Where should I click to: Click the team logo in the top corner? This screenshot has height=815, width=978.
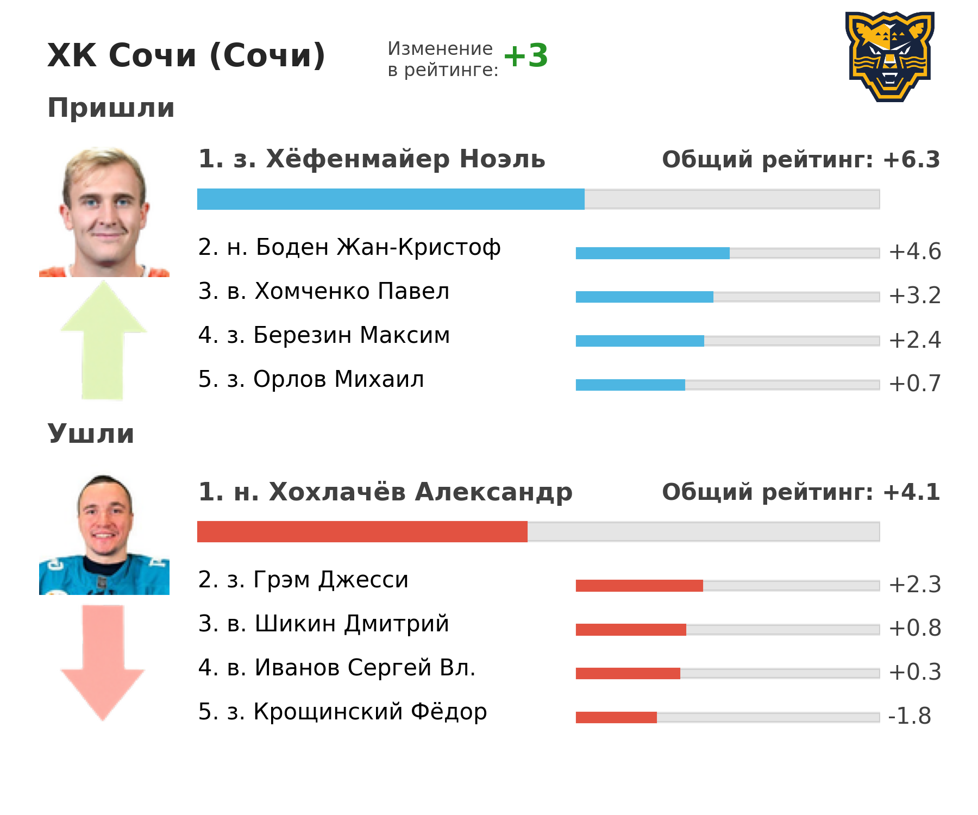pyautogui.click(x=889, y=57)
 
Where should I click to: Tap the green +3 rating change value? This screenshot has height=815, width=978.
pyautogui.click(x=525, y=55)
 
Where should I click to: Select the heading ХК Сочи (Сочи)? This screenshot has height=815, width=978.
pyautogui.click(x=186, y=55)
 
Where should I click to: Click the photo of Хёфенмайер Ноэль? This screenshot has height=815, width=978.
pyautogui.click(x=104, y=212)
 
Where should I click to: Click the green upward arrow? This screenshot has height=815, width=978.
pyautogui.click(x=103, y=340)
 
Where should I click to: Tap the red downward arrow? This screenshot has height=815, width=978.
pyautogui.click(x=103, y=663)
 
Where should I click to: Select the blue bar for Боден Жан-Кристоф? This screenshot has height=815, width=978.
pyautogui.click(x=653, y=253)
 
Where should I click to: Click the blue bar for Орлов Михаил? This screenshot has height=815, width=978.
pyautogui.click(x=630, y=385)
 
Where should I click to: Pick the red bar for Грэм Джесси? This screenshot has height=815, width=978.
pyautogui.click(x=640, y=586)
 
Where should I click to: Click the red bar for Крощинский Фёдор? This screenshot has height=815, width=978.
pyautogui.click(x=616, y=717)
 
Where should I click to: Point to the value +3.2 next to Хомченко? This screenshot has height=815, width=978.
pyautogui.click(x=914, y=296)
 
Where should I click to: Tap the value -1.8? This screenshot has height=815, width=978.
pyautogui.click(x=910, y=716)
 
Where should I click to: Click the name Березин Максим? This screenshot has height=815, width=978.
pyautogui.click(x=352, y=335)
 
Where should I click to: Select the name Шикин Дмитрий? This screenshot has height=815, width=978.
pyautogui.click(x=352, y=624)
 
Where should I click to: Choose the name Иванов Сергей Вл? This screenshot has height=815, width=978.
pyautogui.click(x=365, y=668)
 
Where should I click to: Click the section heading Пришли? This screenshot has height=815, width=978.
pyautogui.click(x=111, y=108)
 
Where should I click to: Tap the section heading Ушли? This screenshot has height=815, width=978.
pyautogui.click(x=91, y=434)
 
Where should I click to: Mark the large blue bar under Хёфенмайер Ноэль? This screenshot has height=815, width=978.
pyautogui.click(x=391, y=199)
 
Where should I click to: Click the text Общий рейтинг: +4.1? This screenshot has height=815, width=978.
pyautogui.click(x=801, y=492)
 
